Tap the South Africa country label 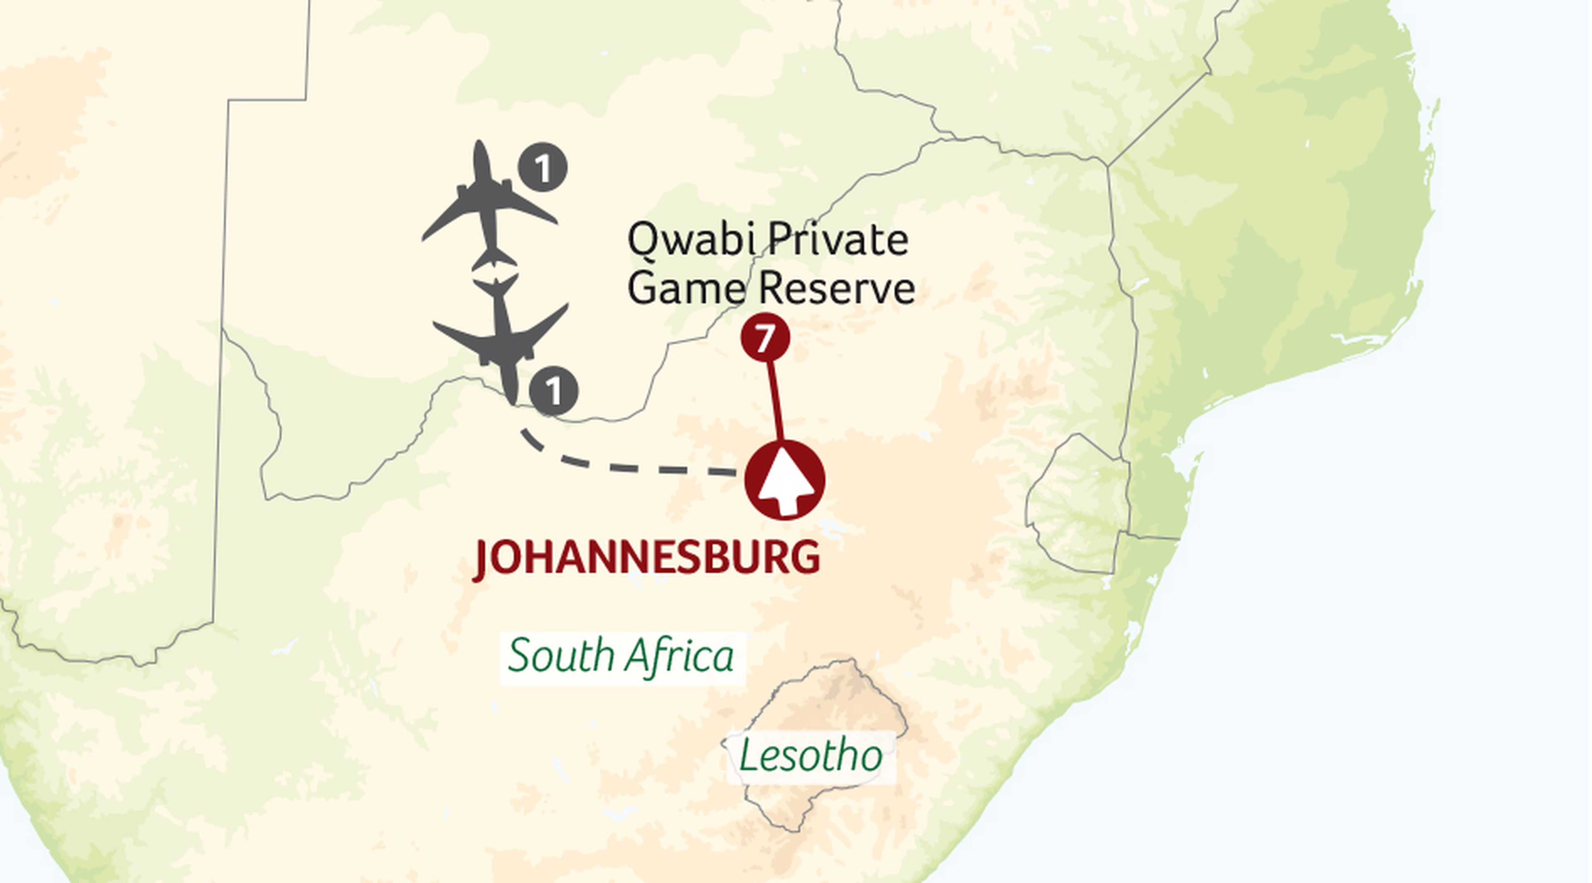pyautogui.click(x=621, y=657)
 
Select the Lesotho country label pyautogui.click(x=810, y=756)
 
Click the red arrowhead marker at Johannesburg pyautogui.click(x=785, y=480)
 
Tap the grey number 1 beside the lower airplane pyautogui.click(x=554, y=391)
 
